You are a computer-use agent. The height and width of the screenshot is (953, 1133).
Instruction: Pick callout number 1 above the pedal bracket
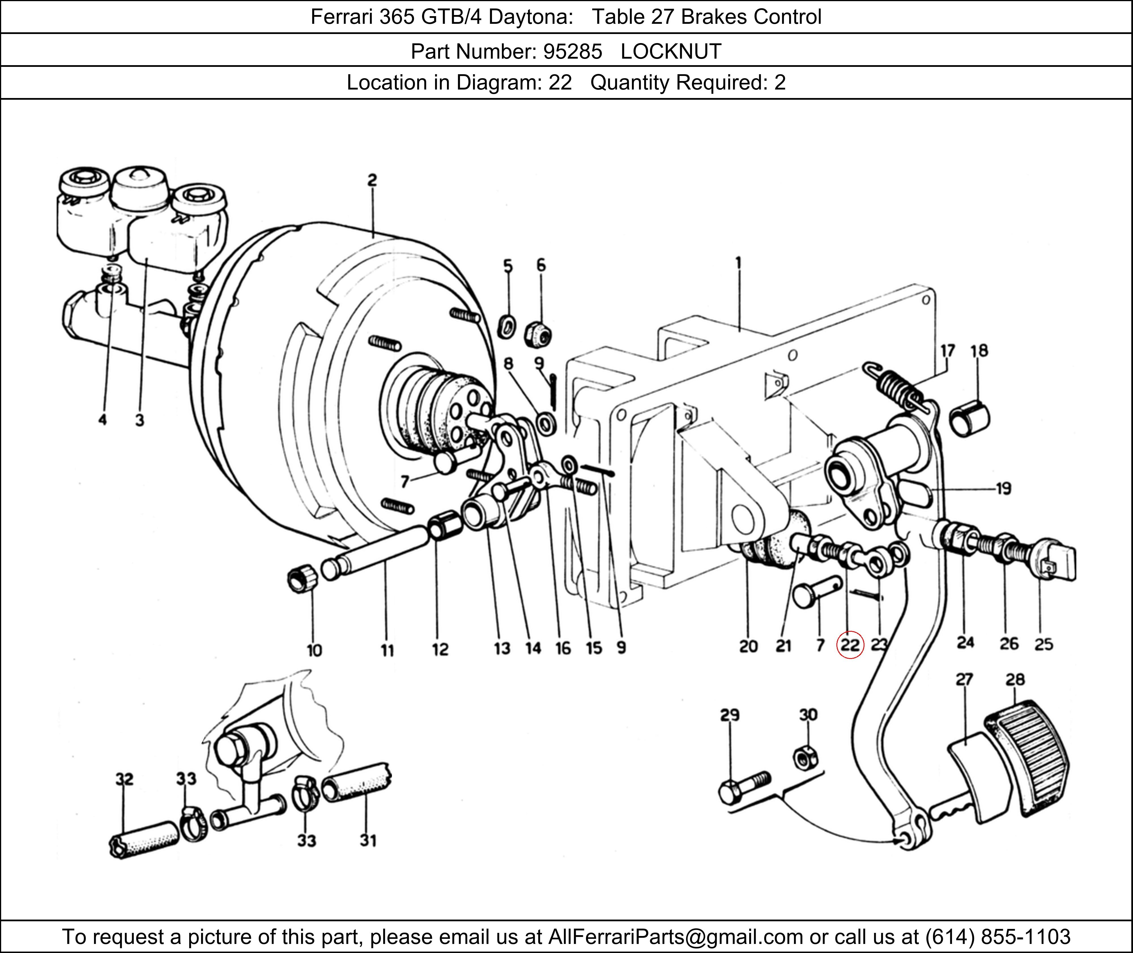[738, 263]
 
